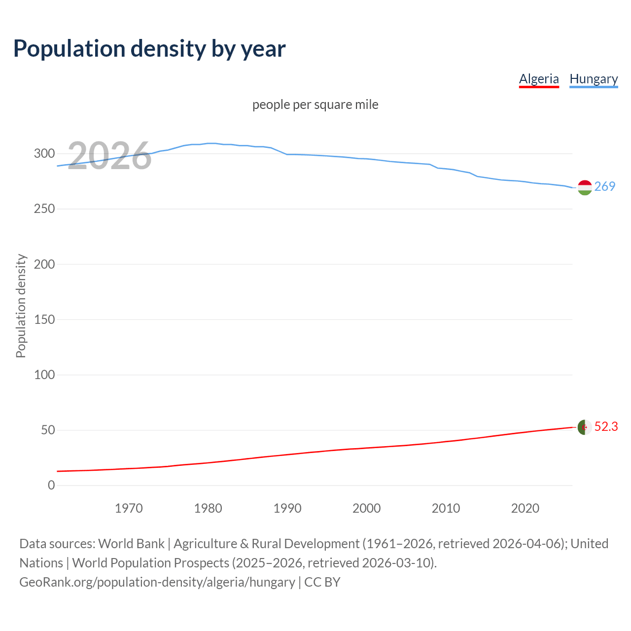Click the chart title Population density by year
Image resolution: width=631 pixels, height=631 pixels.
149,49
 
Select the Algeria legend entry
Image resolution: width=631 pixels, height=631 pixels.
539,79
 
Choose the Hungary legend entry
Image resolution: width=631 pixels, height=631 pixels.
594,79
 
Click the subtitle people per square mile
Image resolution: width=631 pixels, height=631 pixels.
315,105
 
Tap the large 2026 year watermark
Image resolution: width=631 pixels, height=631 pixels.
109,156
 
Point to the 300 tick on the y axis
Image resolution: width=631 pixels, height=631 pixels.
44,153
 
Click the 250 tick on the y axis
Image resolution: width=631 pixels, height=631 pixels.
44,209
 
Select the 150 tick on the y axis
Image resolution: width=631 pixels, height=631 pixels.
44,319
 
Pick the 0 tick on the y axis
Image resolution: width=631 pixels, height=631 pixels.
51,485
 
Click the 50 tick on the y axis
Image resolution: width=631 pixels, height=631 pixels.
47,430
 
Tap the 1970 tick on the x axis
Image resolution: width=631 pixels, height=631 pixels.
129,508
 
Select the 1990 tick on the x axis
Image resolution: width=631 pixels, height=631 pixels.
287,508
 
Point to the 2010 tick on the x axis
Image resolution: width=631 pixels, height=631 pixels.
446,508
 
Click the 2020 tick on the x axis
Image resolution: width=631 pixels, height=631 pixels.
525,508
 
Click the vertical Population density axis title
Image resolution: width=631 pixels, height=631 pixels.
21,306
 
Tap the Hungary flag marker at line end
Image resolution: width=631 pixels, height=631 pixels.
585,188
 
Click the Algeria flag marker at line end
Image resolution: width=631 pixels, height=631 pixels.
585,427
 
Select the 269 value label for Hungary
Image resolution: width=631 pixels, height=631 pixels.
605,186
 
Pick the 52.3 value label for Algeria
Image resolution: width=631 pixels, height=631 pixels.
606,426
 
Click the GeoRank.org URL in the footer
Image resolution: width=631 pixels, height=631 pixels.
157,582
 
